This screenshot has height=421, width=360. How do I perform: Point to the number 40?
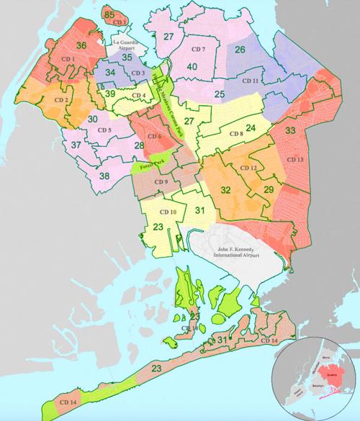[192, 68]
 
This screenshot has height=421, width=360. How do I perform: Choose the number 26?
[240, 50]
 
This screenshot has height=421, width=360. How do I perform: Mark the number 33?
[290, 131]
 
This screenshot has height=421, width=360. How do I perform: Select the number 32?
[225, 190]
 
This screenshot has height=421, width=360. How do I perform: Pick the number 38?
[104, 176]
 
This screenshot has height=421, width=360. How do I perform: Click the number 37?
[76, 145]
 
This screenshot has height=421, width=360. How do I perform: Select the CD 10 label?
[168, 212]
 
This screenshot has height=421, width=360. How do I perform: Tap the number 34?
[109, 73]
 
